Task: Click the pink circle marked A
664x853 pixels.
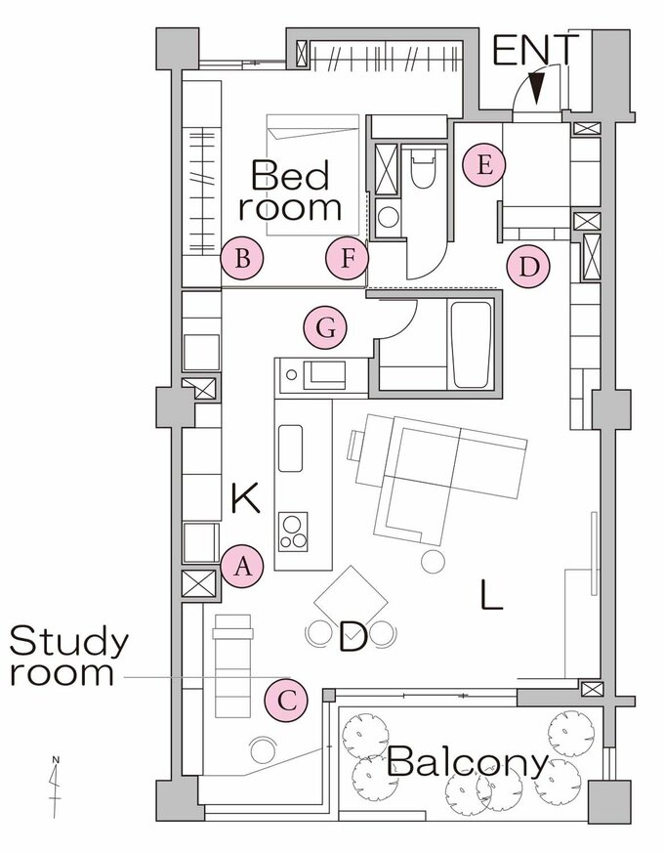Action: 242,567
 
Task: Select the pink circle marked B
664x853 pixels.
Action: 242,258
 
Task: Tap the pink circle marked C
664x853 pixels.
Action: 286,701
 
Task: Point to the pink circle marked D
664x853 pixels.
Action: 528,267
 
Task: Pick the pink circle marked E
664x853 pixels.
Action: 484,165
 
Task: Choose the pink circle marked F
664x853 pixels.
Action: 348,258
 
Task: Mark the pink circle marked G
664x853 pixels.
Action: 325,328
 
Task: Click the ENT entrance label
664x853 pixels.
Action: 535,50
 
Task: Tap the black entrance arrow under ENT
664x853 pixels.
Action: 537,86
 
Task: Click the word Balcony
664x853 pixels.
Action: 468,763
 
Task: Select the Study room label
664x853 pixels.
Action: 68,656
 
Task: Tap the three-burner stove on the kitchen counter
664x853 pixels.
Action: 293,532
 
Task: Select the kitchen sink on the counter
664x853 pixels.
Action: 290,448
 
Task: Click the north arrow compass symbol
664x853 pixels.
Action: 56,787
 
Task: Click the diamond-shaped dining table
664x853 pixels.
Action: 351,602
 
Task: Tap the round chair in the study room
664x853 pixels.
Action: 265,749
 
